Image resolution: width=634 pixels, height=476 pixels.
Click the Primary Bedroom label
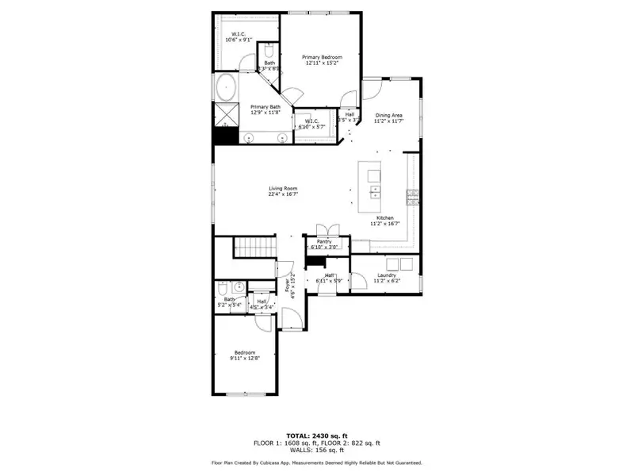321,58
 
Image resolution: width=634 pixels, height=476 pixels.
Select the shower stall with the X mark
227,115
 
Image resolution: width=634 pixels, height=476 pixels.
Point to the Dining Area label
389,115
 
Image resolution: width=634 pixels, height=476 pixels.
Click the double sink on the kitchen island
374,192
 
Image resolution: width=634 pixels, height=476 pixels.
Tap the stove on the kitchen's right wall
411,195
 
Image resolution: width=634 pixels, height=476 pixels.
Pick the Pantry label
323,241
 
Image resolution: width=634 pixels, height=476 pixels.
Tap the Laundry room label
387,275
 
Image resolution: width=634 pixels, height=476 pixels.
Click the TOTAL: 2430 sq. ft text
316,435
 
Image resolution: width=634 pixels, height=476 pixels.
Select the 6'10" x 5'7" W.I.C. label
311,121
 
